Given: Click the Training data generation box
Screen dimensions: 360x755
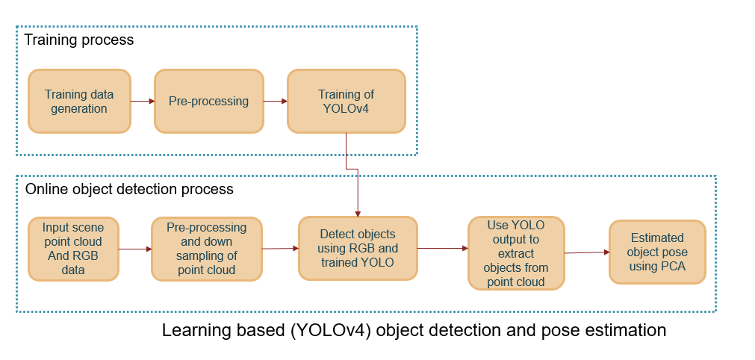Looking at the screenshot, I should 79,102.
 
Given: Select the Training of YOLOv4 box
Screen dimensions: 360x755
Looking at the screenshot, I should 346,102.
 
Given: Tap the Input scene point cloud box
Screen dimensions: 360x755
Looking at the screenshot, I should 72,249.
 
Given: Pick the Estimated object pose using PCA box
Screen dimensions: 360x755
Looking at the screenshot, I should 657,252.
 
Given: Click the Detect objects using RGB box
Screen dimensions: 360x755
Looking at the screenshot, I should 358,248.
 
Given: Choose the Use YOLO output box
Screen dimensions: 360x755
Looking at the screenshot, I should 516,252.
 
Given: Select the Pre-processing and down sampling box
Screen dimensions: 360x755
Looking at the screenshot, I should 206,249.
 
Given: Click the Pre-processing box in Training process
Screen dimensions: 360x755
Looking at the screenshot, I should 208,102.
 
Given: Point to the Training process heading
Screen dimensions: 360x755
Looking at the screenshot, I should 79,40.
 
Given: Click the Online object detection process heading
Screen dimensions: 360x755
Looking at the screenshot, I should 129,189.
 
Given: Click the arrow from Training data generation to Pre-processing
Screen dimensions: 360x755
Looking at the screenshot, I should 142,100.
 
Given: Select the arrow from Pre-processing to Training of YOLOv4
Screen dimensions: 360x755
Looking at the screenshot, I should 275,101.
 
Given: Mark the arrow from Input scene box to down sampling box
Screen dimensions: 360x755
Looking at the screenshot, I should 134,249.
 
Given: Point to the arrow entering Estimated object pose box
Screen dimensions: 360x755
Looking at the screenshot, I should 586,253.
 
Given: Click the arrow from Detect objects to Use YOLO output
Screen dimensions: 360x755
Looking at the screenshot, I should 442,248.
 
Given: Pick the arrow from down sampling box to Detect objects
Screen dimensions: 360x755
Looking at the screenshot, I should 280,249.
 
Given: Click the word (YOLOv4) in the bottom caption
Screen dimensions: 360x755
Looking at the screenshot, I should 330,330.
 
